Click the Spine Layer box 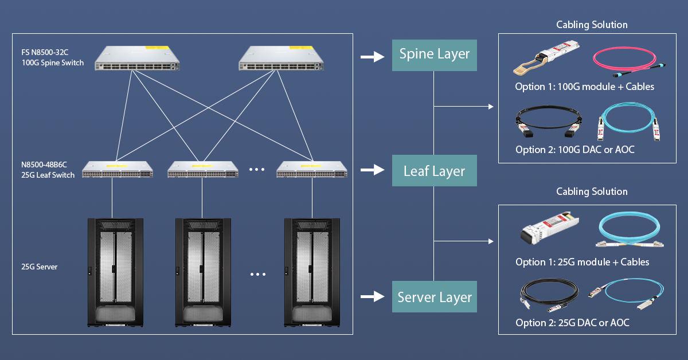pyautogui.click(x=434, y=55)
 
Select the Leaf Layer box pyautogui.click(x=434, y=171)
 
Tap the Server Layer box pyautogui.click(x=434, y=297)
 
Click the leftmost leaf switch pyautogui.click(x=117, y=169)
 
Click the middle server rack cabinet pyautogui.click(x=202, y=272)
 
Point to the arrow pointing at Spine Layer pyautogui.click(x=372, y=57)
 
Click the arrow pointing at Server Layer pyautogui.click(x=372, y=296)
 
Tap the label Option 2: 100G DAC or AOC pyautogui.click(x=574, y=150)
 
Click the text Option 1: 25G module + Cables pyautogui.click(x=582, y=262)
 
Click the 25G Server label pyautogui.click(x=40, y=267)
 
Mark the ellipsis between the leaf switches pyautogui.click(x=257, y=169)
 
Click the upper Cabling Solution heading pyautogui.click(x=592, y=25)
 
